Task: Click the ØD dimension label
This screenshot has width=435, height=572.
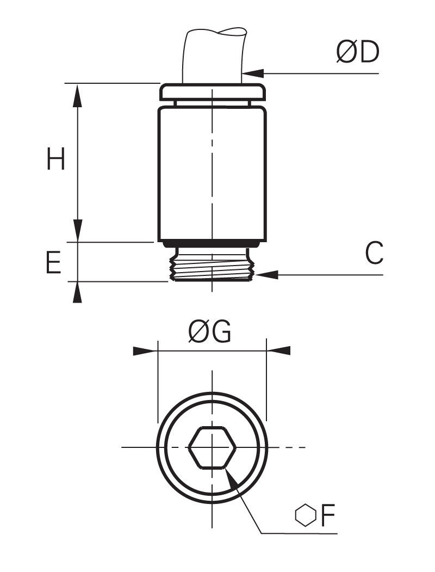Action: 357,52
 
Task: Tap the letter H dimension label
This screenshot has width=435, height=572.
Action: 56,159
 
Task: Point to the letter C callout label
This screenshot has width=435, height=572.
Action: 374,253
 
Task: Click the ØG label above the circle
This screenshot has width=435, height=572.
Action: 209,331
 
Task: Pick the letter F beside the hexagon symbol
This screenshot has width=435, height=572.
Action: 327,515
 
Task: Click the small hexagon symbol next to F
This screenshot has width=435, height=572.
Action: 305,515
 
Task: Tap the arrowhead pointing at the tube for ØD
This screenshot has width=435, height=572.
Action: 252,73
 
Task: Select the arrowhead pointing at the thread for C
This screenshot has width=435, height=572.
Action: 267,274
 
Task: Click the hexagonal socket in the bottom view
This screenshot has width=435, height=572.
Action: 212,447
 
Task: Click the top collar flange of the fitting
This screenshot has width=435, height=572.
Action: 212,93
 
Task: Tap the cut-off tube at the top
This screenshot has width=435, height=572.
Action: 214,55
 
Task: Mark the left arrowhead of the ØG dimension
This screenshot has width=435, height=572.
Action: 145,351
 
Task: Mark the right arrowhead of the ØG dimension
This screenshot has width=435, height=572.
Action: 279,350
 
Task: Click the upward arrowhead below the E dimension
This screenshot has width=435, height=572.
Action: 77,292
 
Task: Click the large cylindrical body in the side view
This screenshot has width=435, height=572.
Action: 212,174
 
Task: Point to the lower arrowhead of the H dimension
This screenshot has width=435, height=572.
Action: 77,230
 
